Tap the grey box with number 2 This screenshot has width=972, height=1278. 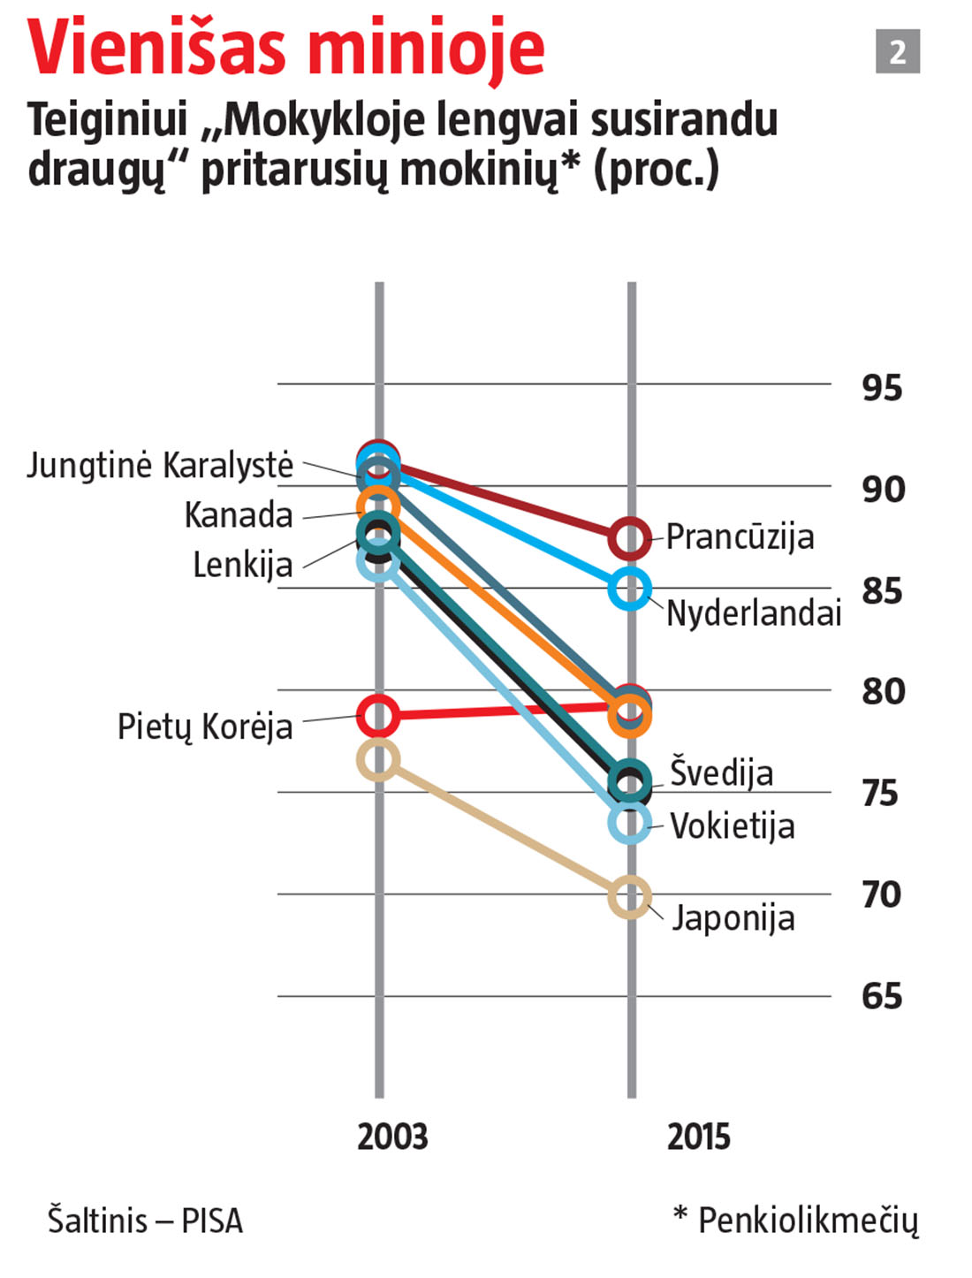pyautogui.click(x=897, y=51)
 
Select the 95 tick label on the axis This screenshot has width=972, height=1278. pyautogui.click(x=882, y=387)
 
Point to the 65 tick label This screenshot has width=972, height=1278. pyautogui.click(x=882, y=996)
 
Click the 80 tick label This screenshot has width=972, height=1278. pyautogui.click(x=883, y=691)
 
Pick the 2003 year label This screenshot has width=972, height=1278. pyautogui.click(x=391, y=1137)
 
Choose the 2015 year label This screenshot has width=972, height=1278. pyautogui.click(x=698, y=1137)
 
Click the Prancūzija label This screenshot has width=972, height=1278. pyautogui.click(x=740, y=536)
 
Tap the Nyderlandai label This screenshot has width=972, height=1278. pyautogui.click(x=753, y=612)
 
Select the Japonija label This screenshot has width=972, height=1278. pyautogui.click(x=733, y=917)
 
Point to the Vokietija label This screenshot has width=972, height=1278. pyautogui.click(x=732, y=826)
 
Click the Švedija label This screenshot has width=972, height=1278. pyautogui.click(x=721, y=772)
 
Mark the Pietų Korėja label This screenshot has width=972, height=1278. pyautogui.click(x=205, y=726)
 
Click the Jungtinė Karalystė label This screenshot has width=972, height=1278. pyautogui.click(x=160, y=465)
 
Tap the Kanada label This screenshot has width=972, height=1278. pyautogui.click(x=239, y=514)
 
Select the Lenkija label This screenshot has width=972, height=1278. pyautogui.click(x=243, y=564)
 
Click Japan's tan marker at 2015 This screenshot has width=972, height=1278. pyautogui.click(x=629, y=897)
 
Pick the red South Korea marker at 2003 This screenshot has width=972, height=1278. pyautogui.click(x=378, y=715)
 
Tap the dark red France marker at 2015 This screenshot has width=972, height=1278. pyautogui.click(x=629, y=538)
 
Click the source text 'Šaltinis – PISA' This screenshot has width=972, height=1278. pyautogui.click(x=145, y=1221)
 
